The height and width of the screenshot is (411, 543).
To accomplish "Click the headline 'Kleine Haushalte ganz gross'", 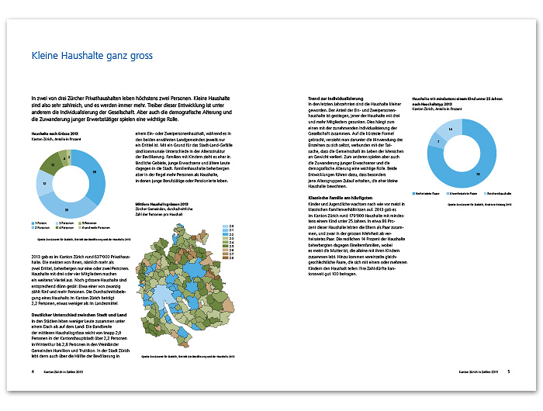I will [92, 57].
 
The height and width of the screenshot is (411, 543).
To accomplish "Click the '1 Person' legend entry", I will [41, 223].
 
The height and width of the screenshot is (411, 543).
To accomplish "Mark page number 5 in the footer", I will [509, 371].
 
